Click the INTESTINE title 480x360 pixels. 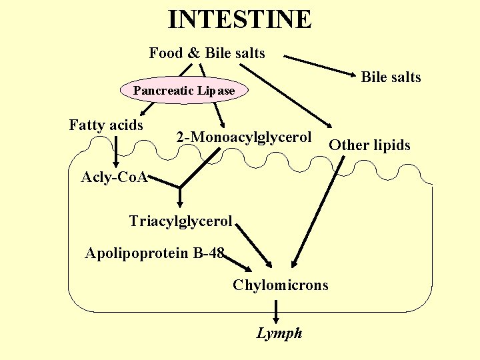pyautogui.click(x=239, y=19)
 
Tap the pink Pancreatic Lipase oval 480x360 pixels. pyautogui.click(x=184, y=91)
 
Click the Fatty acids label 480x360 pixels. pyautogui.click(x=106, y=125)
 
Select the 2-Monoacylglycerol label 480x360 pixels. pyautogui.click(x=243, y=137)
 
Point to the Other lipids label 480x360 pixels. pyautogui.click(x=370, y=145)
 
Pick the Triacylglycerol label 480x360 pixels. pyautogui.click(x=181, y=221)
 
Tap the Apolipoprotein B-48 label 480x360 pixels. pyautogui.click(x=155, y=253)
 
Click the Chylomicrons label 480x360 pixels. pyautogui.click(x=281, y=285)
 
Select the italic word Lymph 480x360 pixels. pyautogui.click(x=279, y=333)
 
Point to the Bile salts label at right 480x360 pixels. pyautogui.click(x=391, y=77)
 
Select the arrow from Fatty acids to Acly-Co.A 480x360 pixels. pyautogui.click(x=117, y=150)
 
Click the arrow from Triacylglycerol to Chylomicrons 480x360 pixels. pyautogui.click(x=254, y=243)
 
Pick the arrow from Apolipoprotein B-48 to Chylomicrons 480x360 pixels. pyautogui.click(x=238, y=262)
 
